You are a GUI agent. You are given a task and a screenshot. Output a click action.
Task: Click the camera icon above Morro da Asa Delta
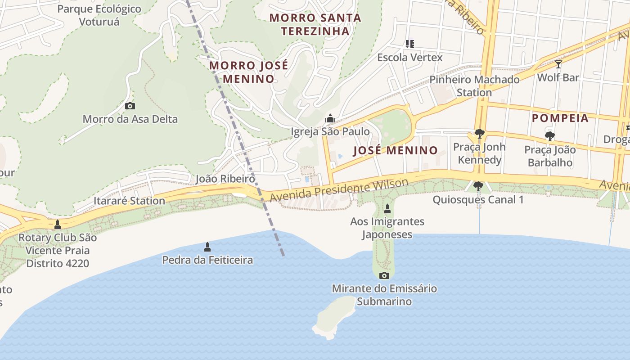coord(130,106)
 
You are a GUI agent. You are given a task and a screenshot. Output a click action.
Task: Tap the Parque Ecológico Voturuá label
coord(99,15)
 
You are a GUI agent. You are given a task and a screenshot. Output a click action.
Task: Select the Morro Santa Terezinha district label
coord(315,24)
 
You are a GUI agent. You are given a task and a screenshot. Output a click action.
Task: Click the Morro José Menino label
coord(249,72)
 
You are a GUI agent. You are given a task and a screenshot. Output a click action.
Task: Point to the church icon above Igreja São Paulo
coord(330,118)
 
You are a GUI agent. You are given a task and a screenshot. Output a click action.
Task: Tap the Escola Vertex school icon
coord(409,44)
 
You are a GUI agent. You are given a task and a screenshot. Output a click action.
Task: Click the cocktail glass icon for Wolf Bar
coord(558,64)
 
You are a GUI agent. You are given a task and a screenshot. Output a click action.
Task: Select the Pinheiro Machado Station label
coord(474,86)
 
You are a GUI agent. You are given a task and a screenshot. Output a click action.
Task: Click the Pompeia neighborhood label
coord(560,118)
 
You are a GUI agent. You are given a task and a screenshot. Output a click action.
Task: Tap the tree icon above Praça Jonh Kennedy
coord(479,134)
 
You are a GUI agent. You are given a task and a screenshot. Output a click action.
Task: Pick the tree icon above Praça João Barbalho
coord(549,136)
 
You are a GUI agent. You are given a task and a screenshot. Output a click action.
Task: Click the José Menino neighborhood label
coord(395,150)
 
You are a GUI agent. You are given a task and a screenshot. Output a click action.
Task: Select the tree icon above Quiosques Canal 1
coord(478,186)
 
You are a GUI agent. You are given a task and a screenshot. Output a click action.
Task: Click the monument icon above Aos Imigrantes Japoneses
coord(387,209)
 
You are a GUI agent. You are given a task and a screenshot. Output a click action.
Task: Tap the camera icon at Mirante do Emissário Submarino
coord(384,275)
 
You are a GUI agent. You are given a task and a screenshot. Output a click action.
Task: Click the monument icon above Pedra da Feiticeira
coord(207,247)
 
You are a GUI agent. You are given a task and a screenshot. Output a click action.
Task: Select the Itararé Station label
coord(129,201)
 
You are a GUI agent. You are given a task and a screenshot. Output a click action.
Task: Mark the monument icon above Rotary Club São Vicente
coord(57,225)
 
